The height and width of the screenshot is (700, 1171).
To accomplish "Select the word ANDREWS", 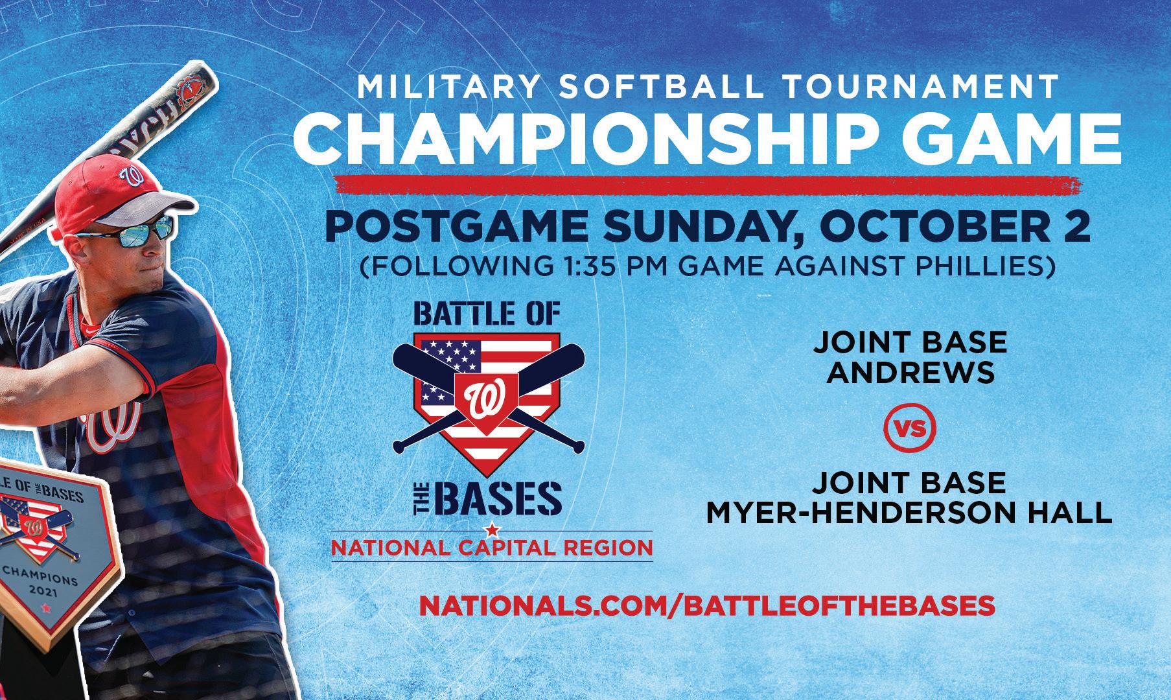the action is tap(912, 373).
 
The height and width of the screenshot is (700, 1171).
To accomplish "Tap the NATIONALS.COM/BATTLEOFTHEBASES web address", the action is tap(707, 605).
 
